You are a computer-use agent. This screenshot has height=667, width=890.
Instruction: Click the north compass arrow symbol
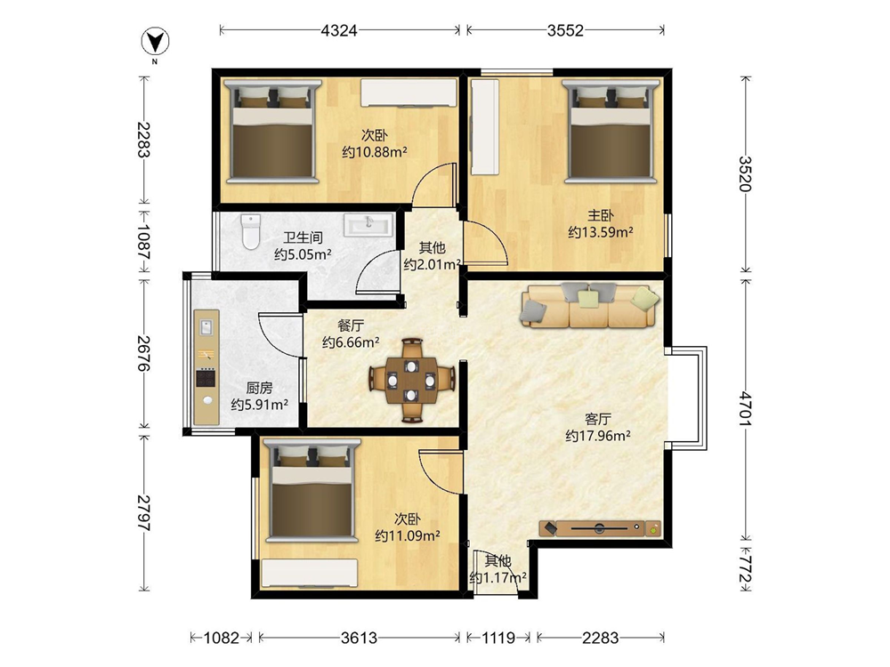[x=155, y=42]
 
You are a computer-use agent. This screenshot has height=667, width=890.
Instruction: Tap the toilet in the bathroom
[x=250, y=231]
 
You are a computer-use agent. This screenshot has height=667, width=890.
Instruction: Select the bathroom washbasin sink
[x=368, y=224]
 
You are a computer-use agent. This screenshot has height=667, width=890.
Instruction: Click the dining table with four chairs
[x=411, y=380]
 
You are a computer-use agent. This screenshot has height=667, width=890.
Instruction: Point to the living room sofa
[x=590, y=306]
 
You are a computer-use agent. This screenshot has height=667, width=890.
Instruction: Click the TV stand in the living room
[x=600, y=528]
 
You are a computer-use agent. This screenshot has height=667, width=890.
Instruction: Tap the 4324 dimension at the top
[x=339, y=30]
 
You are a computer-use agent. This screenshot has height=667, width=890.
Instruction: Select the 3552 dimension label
[x=565, y=30]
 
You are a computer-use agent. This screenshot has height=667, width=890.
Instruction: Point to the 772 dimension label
[x=745, y=569]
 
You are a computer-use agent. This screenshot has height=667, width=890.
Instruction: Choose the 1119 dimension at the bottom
[x=498, y=638]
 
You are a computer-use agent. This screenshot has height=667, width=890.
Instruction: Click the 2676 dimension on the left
[x=144, y=353]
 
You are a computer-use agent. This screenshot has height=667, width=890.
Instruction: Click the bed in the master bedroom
[x=611, y=132]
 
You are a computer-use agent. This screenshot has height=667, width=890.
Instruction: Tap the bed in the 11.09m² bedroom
[x=310, y=491]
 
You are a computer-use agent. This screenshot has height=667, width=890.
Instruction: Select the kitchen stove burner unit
[x=206, y=378]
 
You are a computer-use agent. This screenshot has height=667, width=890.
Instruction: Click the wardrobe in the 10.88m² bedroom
[x=409, y=92]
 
